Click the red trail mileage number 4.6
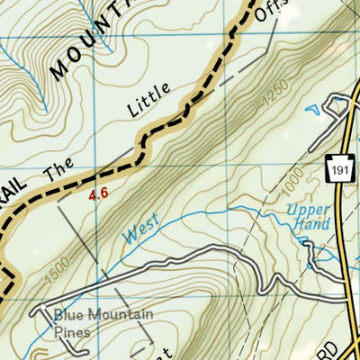100,193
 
